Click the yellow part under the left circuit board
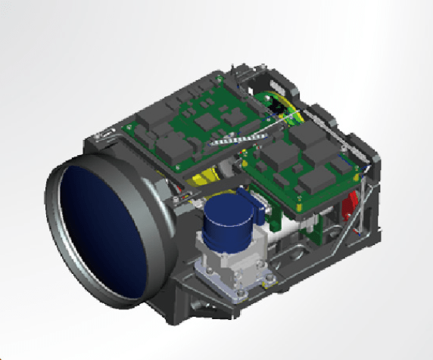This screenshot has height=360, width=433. (x=204, y=180)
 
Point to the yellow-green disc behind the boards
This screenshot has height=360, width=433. (x=283, y=107)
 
